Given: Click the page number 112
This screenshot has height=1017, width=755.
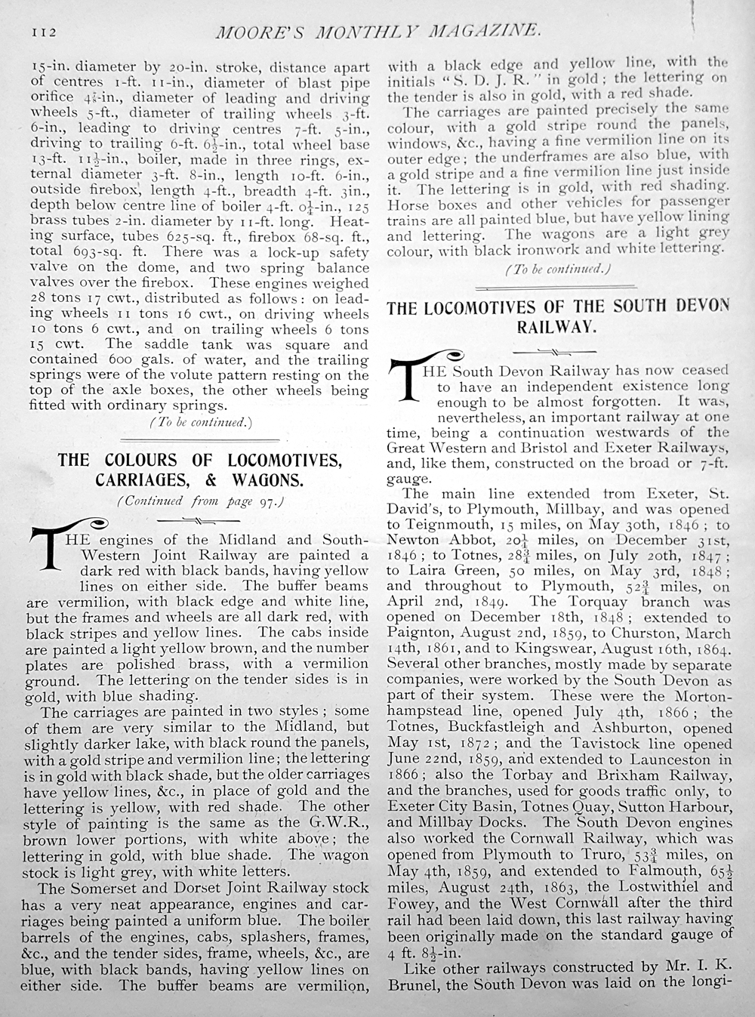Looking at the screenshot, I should click(44, 32).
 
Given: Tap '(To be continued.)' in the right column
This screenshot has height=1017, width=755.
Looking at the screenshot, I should click(557, 269).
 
